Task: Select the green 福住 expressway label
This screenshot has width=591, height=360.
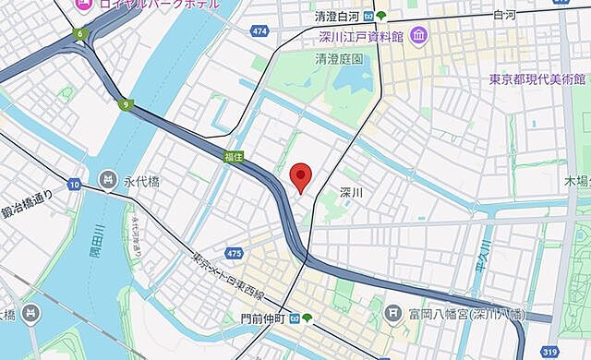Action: (x=234, y=158)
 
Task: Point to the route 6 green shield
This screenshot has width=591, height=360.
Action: (x=80, y=35)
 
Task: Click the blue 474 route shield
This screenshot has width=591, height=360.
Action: (x=259, y=31)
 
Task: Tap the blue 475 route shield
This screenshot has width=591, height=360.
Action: (x=234, y=253)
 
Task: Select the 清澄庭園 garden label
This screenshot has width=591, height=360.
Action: (x=339, y=57)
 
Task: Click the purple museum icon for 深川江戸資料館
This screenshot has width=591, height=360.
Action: (x=419, y=37)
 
